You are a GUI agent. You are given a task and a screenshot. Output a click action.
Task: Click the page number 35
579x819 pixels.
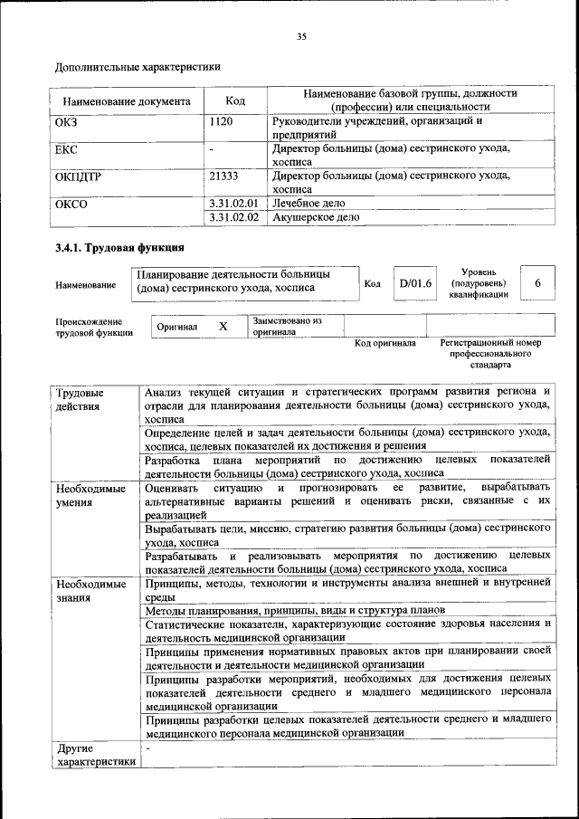point(301,36)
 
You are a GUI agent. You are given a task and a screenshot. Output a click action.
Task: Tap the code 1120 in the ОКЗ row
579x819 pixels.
point(222,121)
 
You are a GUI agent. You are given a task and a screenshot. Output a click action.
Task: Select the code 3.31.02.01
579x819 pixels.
point(233,204)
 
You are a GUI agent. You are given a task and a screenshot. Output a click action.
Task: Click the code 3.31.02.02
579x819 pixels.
point(233,217)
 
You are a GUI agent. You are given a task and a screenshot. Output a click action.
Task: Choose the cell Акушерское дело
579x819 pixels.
point(316,217)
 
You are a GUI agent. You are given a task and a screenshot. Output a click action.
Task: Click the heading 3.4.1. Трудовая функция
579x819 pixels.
point(120,247)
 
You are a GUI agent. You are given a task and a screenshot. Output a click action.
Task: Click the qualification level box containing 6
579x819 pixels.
point(537,283)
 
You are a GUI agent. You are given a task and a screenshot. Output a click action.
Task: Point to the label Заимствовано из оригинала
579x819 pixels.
point(287,326)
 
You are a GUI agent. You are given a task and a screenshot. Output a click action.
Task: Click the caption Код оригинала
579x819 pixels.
point(384,344)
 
